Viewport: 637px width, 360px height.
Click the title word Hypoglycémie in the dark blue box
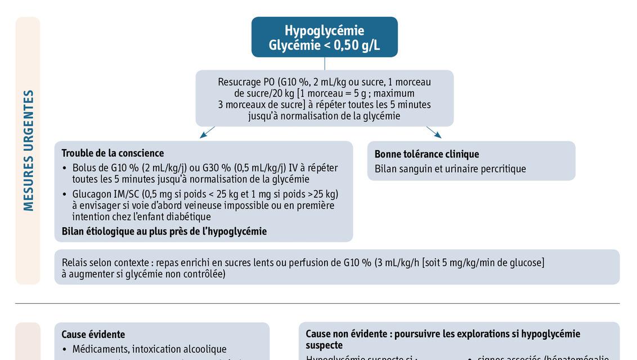tap(324, 30)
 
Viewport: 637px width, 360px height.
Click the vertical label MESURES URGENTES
tap(28, 150)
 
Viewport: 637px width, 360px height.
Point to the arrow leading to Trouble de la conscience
tap(207, 132)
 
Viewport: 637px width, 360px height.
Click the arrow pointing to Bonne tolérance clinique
tap(433, 132)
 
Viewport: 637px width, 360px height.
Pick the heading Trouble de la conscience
tap(113, 153)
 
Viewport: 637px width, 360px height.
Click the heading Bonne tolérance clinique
tap(427, 154)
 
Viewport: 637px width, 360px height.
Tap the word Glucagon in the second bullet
tap(92, 194)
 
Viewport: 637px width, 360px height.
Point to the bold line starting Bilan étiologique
tap(164, 231)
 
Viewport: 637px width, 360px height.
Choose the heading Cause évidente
tap(93, 335)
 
